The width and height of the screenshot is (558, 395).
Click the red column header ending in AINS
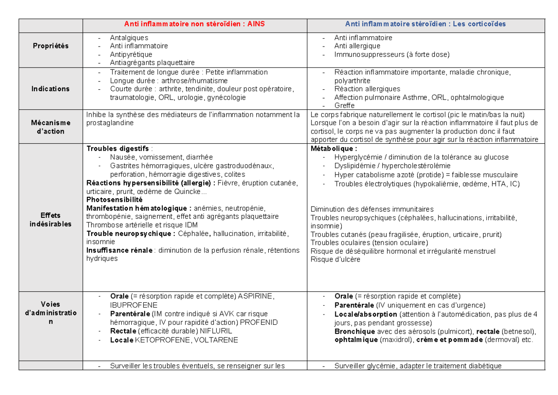[194, 24]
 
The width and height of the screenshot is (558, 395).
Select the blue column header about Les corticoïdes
[425, 24]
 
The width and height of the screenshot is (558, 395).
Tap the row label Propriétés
[50, 46]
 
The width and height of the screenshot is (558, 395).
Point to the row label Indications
[50, 88]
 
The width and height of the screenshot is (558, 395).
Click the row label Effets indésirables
[50, 220]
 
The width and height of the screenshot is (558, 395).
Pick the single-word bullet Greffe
[344, 106]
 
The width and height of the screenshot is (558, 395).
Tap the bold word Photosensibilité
[114, 200]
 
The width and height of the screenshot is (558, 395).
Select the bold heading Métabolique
[333, 149]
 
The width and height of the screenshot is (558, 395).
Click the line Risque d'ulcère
[335, 260]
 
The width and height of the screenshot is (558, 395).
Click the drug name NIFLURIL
[215, 331]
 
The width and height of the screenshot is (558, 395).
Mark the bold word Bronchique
[354, 331]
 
